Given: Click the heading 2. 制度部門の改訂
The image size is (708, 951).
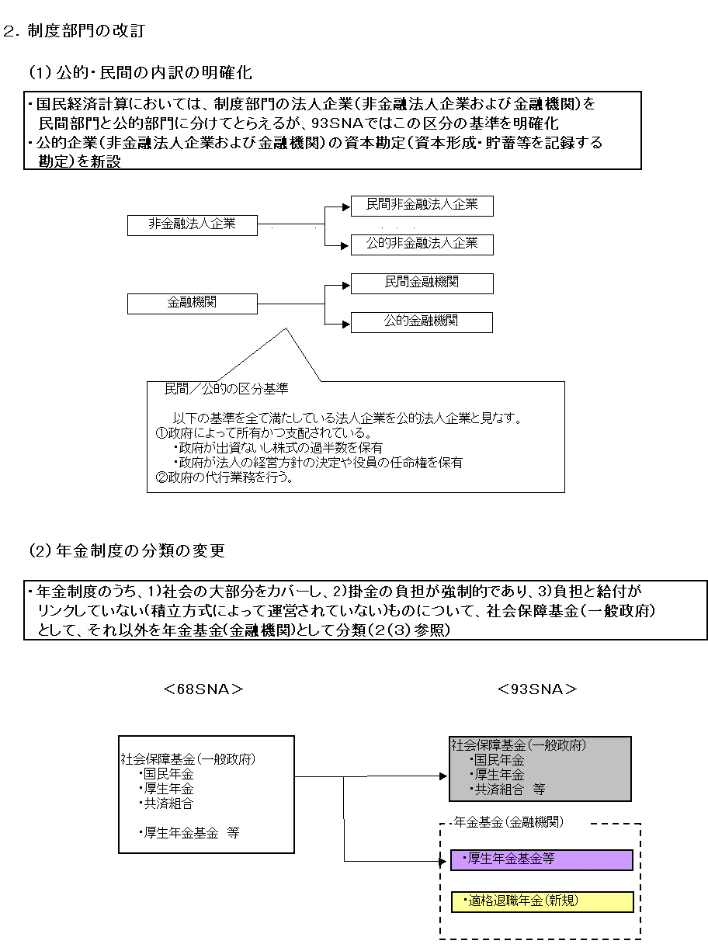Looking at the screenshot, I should click(74, 31).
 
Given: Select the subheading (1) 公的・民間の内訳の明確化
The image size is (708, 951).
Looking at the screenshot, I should click(140, 73).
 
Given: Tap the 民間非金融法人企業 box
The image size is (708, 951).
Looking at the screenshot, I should click(422, 206).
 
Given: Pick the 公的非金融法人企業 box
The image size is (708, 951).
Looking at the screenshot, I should click(422, 244).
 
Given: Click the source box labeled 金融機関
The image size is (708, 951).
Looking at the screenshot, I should click(192, 303).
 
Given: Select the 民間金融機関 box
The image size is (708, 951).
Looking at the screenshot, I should click(422, 283).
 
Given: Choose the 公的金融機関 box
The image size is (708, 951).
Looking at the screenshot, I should click(422, 321).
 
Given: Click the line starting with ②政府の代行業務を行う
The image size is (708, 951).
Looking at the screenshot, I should click(225, 477).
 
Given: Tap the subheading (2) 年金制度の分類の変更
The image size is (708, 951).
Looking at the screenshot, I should click(127, 551).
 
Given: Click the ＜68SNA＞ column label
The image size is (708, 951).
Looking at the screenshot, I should click(203, 689).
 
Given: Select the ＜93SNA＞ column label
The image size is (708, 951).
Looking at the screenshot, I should click(538, 689).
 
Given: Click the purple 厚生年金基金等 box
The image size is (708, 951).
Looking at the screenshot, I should click(541, 859).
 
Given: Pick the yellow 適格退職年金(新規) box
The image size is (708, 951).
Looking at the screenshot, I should click(541, 901).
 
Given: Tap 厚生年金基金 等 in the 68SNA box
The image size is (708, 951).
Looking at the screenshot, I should click(189, 832).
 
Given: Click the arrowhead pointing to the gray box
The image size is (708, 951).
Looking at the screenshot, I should click(444, 776).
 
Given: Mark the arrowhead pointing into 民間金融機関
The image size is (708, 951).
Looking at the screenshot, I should click(346, 285).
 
